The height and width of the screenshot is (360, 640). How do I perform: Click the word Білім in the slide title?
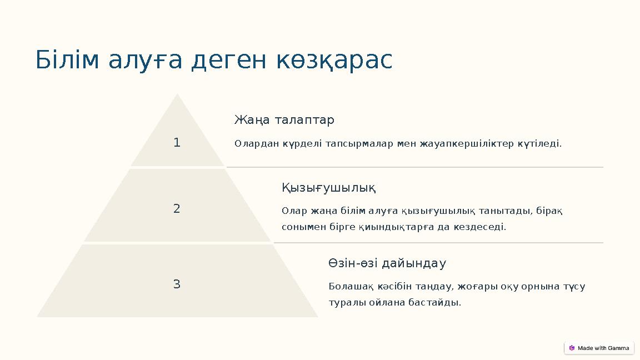coord(68,61)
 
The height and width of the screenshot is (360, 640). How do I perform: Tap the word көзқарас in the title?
coord(334,61)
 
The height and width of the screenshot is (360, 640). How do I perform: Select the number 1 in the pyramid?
coord(177,143)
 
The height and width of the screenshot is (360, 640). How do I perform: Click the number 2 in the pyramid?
coord(177,209)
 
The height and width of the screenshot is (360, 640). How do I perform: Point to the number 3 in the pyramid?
coord(177,284)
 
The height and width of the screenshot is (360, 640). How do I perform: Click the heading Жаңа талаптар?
coord(284,120)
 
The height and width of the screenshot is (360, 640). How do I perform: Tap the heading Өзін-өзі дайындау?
coord(387,263)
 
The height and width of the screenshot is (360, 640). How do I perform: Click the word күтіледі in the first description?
coord(539,144)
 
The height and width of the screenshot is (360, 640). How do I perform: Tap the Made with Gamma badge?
coord(599,348)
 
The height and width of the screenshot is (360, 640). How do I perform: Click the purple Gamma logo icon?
coord(572,348)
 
